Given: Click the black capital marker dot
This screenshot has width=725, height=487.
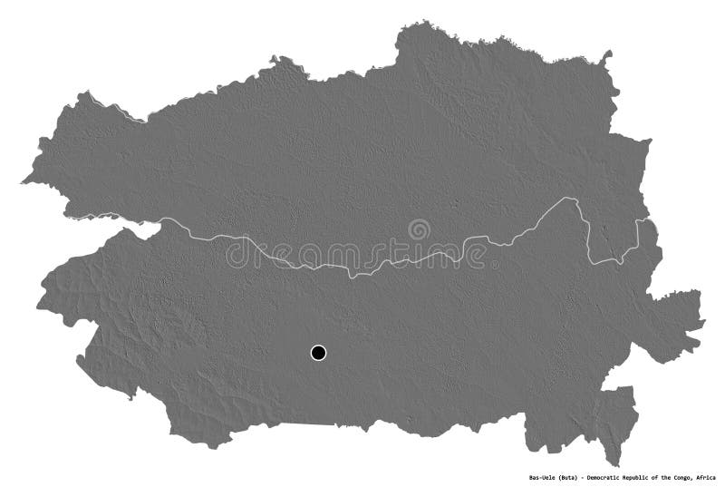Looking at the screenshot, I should coord(318,353).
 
